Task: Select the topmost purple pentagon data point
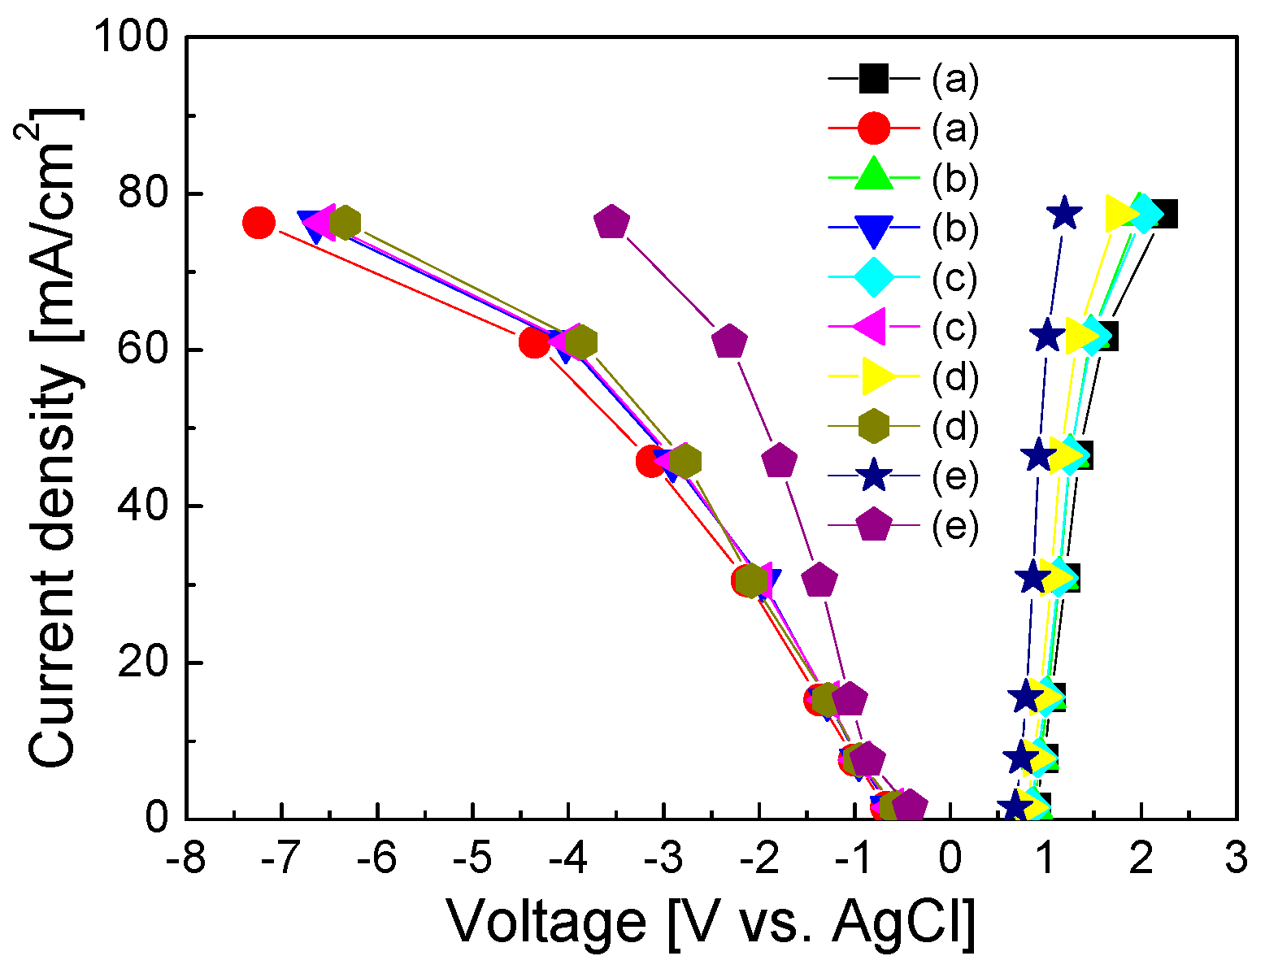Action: [612, 222]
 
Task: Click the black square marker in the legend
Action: [873, 79]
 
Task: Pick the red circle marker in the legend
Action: [873, 128]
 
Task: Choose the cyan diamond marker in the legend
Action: [873, 277]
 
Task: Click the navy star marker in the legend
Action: [873, 476]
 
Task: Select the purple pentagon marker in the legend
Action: [873, 525]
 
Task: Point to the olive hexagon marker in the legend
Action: [873, 426]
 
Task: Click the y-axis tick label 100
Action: [133, 38]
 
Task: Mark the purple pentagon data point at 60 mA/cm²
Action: [729, 341]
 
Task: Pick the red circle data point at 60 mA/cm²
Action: [534, 342]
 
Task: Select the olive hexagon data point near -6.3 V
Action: [346, 221]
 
